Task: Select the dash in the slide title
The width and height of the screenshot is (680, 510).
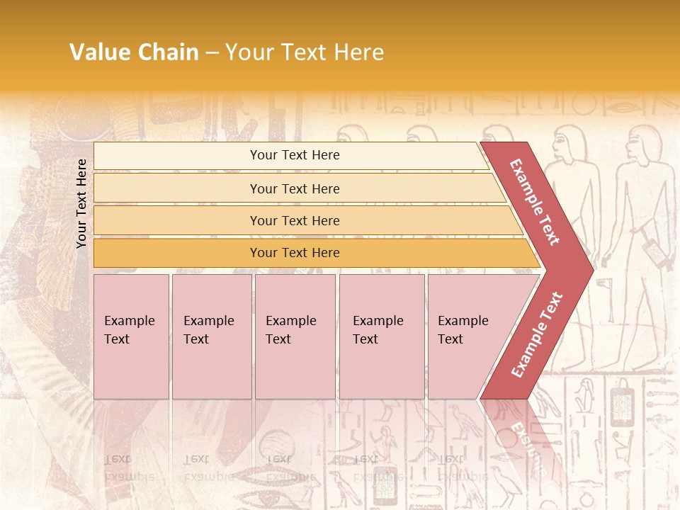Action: point(212,53)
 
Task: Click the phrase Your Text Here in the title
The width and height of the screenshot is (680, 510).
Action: point(305,52)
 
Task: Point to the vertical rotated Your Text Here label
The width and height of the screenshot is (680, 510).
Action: point(81,203)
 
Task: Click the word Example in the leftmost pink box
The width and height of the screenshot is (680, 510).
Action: point(129,321)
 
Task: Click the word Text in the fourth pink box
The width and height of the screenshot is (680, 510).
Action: point(365,339)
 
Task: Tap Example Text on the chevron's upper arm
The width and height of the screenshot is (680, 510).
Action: point(534,202)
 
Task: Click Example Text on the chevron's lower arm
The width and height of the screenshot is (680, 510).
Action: point(536,334)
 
